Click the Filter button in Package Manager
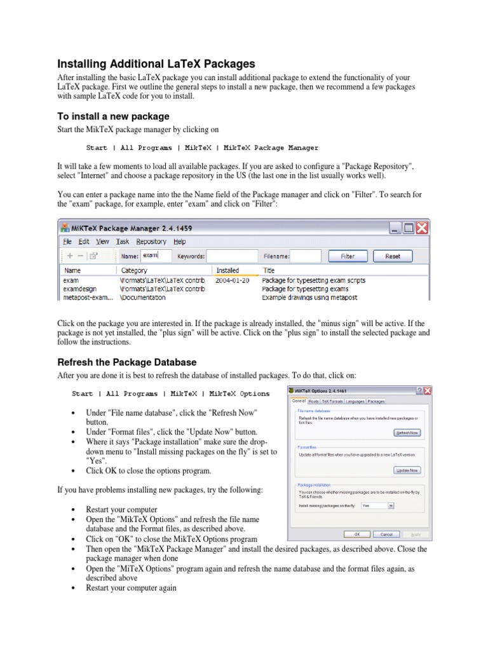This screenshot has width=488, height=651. coord(348,256)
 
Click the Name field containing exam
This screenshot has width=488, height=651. coord(156,256)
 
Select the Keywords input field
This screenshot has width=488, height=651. coord(233,256)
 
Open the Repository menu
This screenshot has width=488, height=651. coord(151,242)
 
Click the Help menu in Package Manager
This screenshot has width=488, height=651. coord(180,242)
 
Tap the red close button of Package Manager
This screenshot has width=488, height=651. coord(422,228)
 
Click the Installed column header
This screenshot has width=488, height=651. coord(227,270)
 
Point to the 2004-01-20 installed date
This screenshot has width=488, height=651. coord(232,280)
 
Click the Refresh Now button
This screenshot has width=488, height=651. coord(407,432)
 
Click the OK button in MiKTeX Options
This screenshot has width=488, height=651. coord(357,535)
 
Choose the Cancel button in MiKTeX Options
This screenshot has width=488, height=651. coord(386,535)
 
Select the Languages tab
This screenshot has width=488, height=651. coord(355,401)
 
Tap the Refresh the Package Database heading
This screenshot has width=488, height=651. coord(127,362)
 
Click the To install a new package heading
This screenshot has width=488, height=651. coord(114,116)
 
